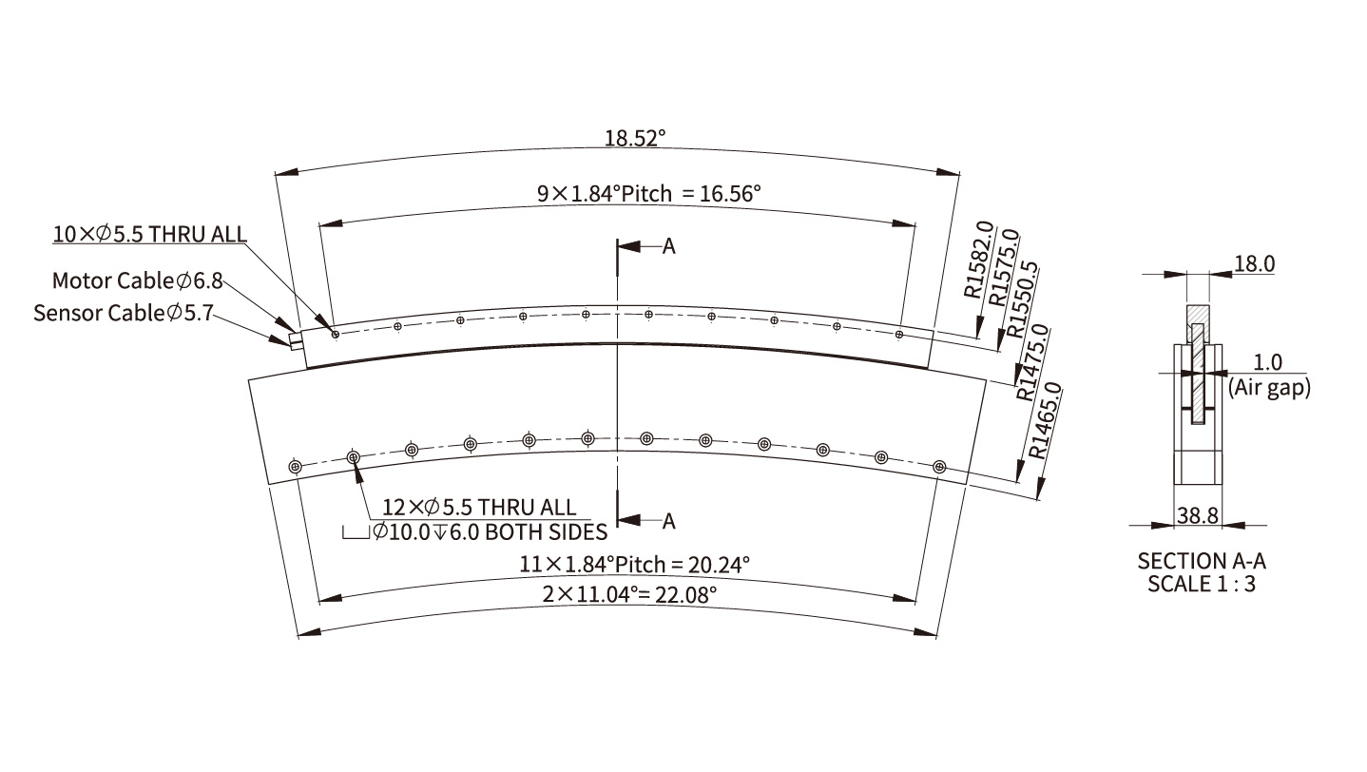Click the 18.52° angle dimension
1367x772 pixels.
[x=635, y=139]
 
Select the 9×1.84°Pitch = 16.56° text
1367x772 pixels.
[x=648, y=194]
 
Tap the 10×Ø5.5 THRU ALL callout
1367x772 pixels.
[x=149, y=234]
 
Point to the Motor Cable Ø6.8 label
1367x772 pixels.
[x=137, y=280]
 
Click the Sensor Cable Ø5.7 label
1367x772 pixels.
[x=124, y=313]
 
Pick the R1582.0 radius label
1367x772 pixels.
[x=979, y=260]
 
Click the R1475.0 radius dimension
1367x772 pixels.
[x=1032, y=362]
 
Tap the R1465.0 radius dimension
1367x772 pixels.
[x=1046, y=420]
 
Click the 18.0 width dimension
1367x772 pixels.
[x=1254, y=263]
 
